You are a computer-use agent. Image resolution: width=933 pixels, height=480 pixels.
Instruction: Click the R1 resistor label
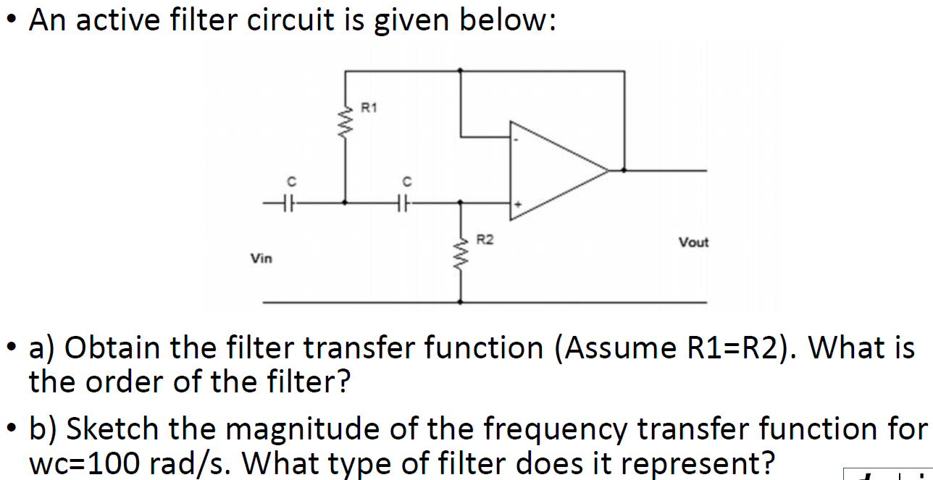(x=369, y=109)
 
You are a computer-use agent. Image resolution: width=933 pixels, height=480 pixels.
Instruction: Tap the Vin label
(x=261, y=258)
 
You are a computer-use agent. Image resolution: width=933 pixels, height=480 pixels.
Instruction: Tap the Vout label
(x=693, y=243)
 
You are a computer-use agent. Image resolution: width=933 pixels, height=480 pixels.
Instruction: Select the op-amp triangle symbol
(x=554, y=171)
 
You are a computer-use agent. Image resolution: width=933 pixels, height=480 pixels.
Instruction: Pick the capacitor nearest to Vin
(x=288, y=203)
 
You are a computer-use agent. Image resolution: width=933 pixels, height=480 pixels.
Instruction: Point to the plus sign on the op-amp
(x=517, y=206)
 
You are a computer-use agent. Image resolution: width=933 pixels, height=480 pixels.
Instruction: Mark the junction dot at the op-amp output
(x=624, y=171)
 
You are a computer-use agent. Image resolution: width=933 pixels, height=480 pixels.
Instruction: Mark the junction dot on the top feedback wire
(x=461, y=71)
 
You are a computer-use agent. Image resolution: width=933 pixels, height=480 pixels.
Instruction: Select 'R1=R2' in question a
(x=732, y=348)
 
